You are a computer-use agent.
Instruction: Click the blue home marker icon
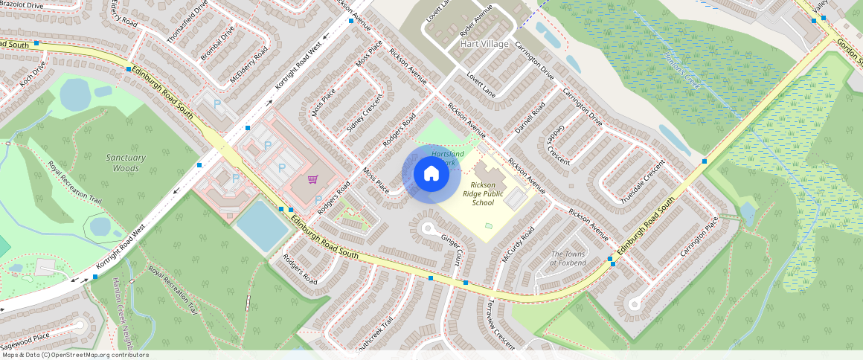(x=431, y=174)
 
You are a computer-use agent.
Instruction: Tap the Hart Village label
(x=484, y=44)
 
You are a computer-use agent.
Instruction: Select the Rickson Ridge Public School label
(x=487, y=193)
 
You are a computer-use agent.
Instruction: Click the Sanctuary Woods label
(x=126, y=163)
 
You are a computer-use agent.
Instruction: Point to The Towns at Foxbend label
(x=568, y=258)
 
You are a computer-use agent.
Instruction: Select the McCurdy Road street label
(x=518, y=243)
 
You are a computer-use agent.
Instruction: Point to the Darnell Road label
(x=530, y=118)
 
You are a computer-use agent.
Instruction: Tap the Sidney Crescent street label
(x=365, y=114)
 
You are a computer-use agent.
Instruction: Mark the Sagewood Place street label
(x=25, y=340)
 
